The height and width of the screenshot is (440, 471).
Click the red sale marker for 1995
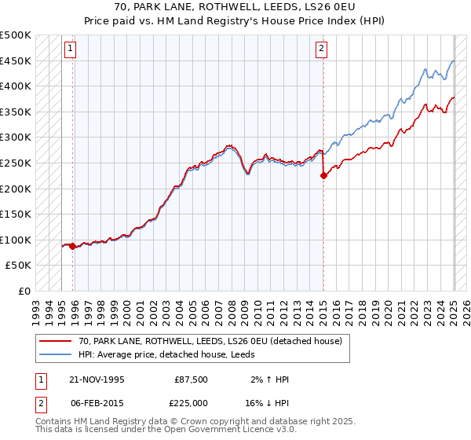click(x=73, y=246)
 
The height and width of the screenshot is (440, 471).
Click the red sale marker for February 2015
click(x=323, y=176)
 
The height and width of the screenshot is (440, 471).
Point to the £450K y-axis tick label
click(x=16, y=61)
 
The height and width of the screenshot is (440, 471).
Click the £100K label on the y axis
click(x=16, y=240)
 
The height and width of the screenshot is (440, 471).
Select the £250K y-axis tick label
click(x=16, y=163)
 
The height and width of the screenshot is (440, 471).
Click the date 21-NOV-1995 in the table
click(x=97, y=379)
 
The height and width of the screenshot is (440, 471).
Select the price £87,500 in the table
click(x=192, y=379)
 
